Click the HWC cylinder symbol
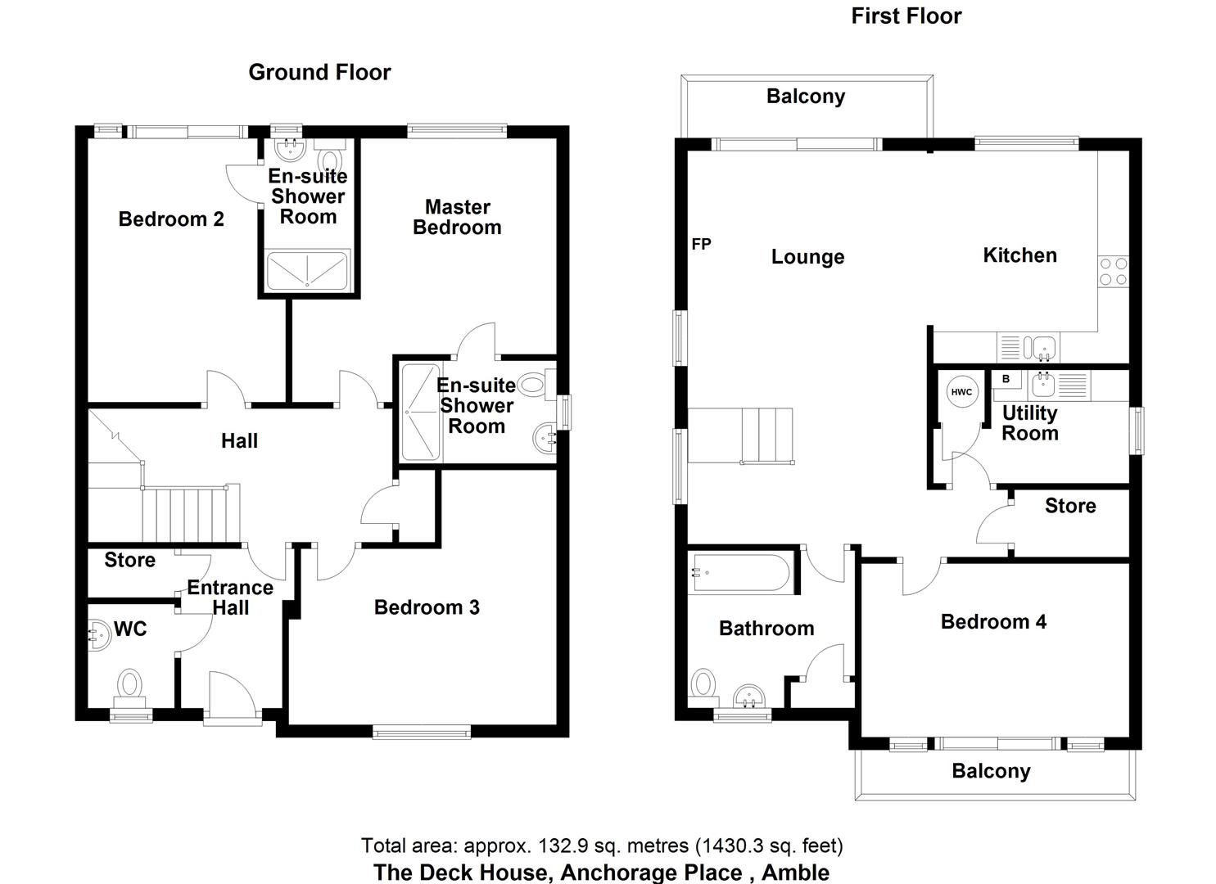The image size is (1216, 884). tap(961, 392)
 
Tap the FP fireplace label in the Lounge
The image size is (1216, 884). tap(701, 244)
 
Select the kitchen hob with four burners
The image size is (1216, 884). tap(1113, 272)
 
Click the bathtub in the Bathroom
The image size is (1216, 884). tap(741, 573)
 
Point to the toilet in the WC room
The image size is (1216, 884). tap(130, 685)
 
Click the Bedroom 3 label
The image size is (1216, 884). tap(427, 607)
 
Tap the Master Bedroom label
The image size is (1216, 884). tap(457, 218)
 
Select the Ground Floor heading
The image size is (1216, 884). tap(319, 72)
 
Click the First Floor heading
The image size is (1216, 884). tap(906, 16)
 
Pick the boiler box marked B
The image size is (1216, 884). tap(1006, 379)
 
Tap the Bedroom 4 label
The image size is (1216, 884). tap(993, 622)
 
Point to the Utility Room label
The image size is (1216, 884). tap(1030, 423)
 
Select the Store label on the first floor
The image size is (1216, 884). tap(1070, 506)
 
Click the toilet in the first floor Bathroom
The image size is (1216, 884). tap(703, 684)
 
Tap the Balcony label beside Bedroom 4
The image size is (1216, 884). tap(991, 771)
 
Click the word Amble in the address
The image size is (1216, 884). tap(795, 873)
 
